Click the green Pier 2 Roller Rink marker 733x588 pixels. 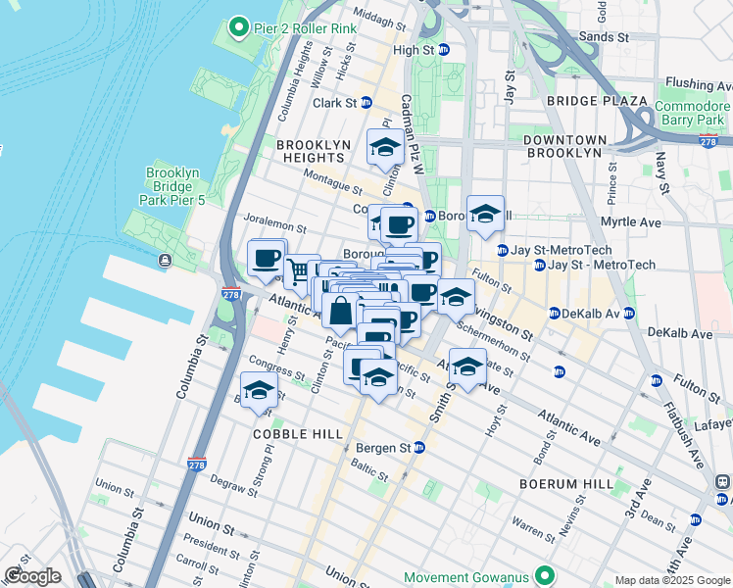click(238, 27)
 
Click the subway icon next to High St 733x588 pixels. click(443, 50)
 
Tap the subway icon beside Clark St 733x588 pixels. click(366, 102)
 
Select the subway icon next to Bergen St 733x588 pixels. click(418, 448)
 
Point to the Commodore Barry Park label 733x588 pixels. click(693, 114)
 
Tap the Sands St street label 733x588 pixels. click(604, 37)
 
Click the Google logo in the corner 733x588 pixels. click(32, 576)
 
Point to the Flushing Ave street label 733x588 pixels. click(697, 84)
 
